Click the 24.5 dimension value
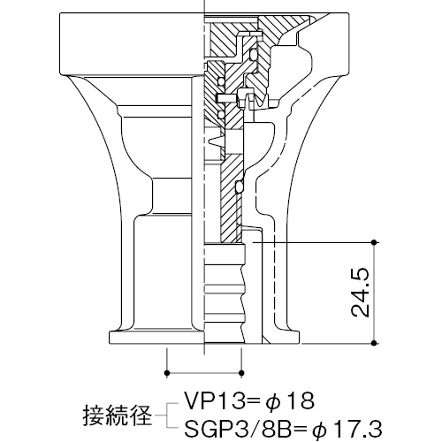point(361,293)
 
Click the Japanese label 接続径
point(118,416)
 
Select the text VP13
point(214,400)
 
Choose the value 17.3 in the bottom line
point(357,428)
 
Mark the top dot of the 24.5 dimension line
point(374,242)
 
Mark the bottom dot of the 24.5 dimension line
point(374,343)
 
